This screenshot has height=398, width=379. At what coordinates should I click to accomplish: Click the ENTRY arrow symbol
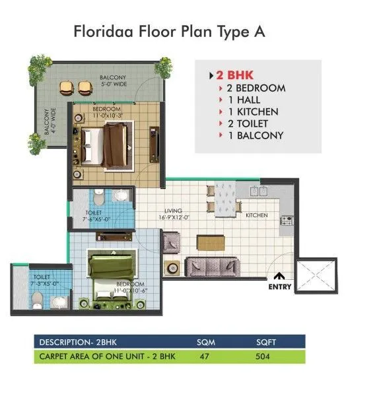(x=279, y=276)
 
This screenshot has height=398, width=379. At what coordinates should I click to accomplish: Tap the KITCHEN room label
(x=256, y=215)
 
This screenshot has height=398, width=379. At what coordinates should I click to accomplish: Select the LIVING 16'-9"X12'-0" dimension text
(x=174, y=214)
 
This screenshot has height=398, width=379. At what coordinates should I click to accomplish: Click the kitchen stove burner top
(x=287, y=220)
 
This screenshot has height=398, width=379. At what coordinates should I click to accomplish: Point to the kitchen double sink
(x=259, y=191)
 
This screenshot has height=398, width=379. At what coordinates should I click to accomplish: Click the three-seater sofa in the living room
(x=212, y=267)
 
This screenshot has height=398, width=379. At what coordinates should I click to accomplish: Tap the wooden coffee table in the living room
(x=211, y=243)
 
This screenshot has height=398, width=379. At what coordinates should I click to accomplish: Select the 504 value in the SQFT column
(x=263, y=356)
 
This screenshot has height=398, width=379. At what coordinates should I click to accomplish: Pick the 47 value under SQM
(x=204, y=356)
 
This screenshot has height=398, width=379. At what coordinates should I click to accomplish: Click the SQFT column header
(x=266, y=342)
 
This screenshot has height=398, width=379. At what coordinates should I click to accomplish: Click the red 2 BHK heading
(x=234, y=75)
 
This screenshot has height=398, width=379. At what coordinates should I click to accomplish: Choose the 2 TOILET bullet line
(x=248, y=123)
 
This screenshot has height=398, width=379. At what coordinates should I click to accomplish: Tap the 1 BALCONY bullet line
(x=256, y=135)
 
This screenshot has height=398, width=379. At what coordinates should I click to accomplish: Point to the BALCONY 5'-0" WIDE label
(x=114, y=81)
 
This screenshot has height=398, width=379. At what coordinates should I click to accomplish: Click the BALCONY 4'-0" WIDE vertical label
(x=50, y=121)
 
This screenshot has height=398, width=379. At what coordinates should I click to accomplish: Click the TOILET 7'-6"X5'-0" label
(x=96, y=216)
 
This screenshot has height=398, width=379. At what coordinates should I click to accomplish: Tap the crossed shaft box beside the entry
(x=316, y=276)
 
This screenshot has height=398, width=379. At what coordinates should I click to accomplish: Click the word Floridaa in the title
(x=103, y=32)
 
